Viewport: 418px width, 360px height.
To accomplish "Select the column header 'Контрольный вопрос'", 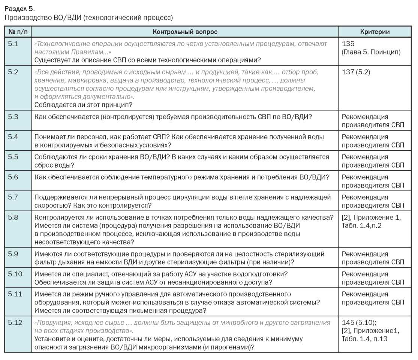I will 185,32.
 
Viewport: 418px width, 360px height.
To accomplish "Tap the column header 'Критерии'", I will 375,32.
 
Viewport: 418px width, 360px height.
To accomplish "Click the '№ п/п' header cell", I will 18,32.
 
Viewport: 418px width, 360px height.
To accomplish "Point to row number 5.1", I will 13,43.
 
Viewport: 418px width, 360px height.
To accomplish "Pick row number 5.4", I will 13,136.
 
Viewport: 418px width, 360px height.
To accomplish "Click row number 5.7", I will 13,197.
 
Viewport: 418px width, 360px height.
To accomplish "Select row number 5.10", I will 15,274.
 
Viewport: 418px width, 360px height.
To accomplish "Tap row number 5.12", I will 15,322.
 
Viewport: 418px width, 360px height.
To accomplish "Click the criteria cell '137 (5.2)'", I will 356,72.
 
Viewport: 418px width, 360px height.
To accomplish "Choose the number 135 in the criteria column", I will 348,43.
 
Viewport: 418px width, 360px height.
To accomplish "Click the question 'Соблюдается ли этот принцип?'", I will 83,105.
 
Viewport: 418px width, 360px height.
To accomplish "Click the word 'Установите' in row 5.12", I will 52,339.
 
